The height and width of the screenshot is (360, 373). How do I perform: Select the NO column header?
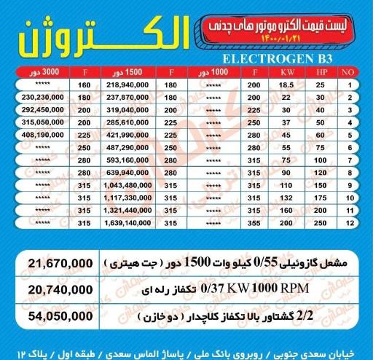tap(349, 73)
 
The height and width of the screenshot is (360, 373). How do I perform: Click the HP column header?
tap(321, 73)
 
